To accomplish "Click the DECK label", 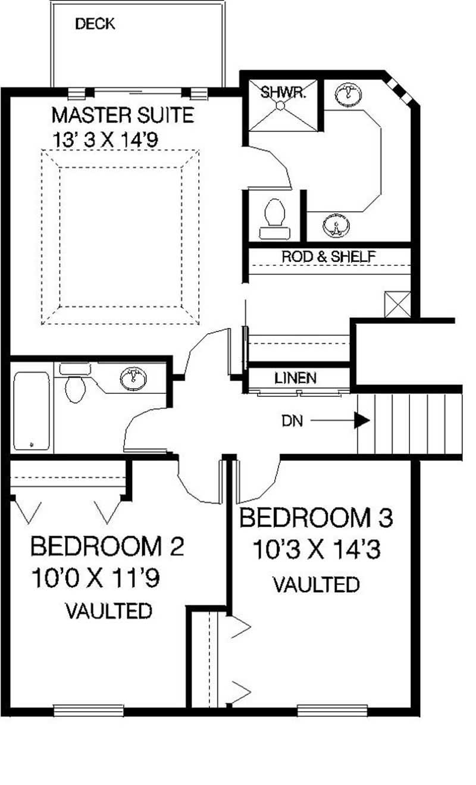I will (x=95, y=24).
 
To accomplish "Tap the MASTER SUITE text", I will (x=123, y=114).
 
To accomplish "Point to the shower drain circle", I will (x=281, y=105).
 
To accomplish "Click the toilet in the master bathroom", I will (x=274, y=212).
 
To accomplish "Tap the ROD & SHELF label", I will (x=328, y=257).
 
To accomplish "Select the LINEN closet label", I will (x=295, y=378).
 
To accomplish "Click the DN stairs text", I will (x=292, y=421).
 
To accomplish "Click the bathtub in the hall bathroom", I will (x=32, y=411).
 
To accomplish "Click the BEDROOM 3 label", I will (x=316, y=518).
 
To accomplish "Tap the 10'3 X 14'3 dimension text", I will (x=316, y=550).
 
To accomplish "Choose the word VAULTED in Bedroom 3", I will (x=316, y=584).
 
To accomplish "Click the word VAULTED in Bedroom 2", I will (x=108, y=611).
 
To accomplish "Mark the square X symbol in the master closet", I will (x=397, y=304).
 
